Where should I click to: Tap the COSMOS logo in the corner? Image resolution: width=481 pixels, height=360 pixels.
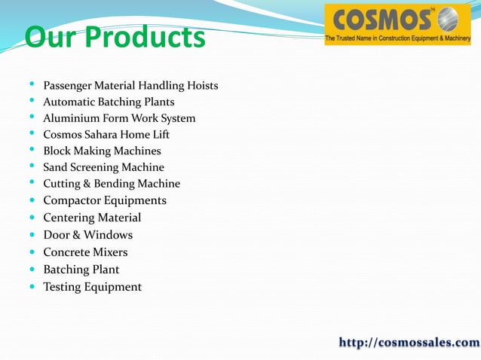tap(397, 24)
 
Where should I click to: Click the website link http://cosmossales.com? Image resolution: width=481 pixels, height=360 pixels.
tap(409, 343)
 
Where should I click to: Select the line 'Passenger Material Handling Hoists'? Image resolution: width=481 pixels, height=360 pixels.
tap(130, 86)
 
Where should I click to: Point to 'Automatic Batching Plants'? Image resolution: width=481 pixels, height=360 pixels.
tap(109, 102)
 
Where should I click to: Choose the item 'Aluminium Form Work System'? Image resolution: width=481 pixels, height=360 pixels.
tap(119, 118)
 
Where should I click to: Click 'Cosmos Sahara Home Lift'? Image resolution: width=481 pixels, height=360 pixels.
tap(106, 135)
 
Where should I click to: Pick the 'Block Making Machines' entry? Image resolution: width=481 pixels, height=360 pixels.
tap(102, 151)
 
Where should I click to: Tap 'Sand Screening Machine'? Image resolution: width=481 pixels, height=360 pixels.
tap(103, 167)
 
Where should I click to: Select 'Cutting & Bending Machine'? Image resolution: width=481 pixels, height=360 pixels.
tap(112, 184)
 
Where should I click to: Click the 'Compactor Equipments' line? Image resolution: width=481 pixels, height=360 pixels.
tap(105, 200)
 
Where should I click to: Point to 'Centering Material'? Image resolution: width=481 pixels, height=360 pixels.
tap(92, 218)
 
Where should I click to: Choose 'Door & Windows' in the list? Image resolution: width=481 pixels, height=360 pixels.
tap(87, 235)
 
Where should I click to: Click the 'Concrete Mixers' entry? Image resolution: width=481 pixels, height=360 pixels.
tap(85, 252)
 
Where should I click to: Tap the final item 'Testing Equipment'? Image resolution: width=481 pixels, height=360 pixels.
tap(92, 287)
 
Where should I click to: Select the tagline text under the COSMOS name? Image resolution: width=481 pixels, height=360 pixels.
tap(397, 37)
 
